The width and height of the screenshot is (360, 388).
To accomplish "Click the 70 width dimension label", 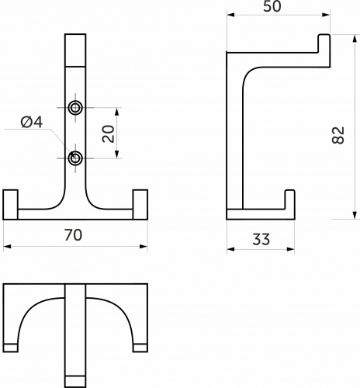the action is click(x=73, y=235).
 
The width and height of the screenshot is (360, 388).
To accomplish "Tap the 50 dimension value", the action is click(x=272, y=6).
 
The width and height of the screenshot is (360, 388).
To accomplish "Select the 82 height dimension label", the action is click(x=338, y=135).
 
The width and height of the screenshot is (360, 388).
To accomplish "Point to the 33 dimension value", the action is click(x=261, y=239).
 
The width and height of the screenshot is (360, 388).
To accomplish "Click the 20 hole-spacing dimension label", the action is click(x=109, y=133).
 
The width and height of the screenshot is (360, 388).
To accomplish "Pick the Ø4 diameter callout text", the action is click(x=32, y=122).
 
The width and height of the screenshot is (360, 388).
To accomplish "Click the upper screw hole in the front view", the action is click(x=75, y=108).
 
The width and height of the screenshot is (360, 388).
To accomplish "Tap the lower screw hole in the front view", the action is click(x=75, y=158).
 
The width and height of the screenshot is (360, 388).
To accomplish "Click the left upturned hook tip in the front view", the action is click(x=10, y=204).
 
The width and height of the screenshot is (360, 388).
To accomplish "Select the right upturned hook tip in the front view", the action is click(x=140, y=204).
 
